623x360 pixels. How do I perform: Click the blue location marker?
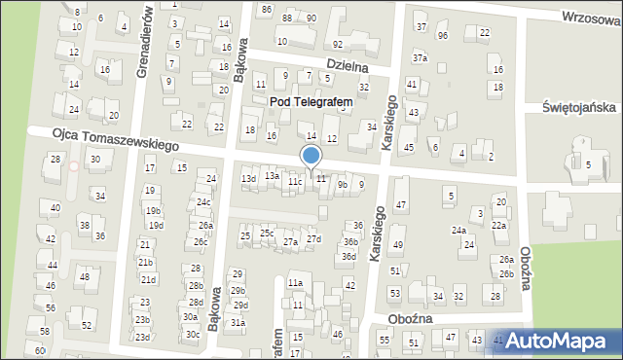[311, 157]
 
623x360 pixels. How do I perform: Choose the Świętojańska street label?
[575, 108]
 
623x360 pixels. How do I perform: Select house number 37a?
[420, 58]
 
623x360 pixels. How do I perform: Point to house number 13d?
[249, 179]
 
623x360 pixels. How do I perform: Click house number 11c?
[295, 182]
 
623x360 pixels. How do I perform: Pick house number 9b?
[342, 184]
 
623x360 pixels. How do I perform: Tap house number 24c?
[203, 202]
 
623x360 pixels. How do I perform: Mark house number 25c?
[267, 234]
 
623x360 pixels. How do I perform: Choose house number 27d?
[313, 238]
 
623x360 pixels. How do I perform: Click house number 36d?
[348, 257]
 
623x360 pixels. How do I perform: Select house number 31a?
[238, 322]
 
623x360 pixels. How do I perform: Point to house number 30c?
[192, 335]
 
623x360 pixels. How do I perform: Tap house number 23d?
[142, 337]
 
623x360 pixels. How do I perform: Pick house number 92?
[337, 45]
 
